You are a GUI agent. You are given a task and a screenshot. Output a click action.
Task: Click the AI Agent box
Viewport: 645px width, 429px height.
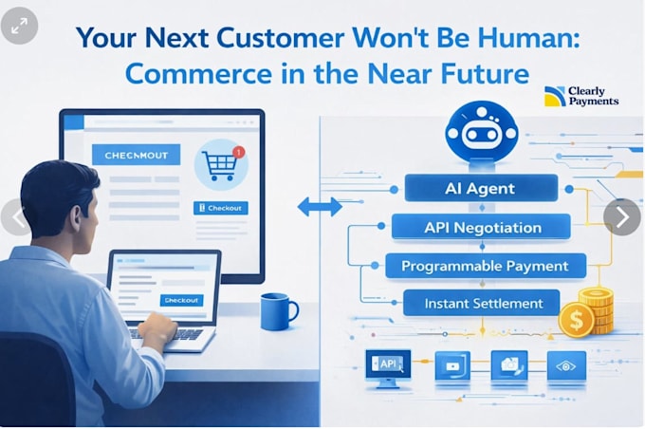[481, 188]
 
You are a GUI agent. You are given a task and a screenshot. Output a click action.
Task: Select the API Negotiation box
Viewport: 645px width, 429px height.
[481, 227]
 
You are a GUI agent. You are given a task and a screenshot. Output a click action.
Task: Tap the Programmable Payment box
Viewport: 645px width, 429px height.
[486, 266]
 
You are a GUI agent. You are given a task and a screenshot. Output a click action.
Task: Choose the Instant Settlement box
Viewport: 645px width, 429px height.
[481, 303]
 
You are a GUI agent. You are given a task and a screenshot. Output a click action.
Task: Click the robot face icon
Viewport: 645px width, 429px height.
[481, 133]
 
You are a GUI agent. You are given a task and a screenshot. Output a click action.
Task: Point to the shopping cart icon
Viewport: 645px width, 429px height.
[219, 165]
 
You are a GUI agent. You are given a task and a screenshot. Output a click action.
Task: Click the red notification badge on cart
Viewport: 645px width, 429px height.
[239, 152]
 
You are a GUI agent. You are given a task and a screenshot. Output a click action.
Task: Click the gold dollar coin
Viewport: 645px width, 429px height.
[577, 320]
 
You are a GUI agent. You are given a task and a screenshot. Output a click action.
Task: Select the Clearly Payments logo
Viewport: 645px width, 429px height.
[581, 97]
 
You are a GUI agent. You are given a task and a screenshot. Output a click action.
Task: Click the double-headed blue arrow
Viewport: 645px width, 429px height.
[320, 207]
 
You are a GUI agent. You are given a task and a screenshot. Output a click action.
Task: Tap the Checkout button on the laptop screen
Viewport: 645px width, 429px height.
[181, 300]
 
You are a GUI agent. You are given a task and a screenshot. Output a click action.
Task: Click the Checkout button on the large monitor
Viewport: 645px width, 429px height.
[220, 208]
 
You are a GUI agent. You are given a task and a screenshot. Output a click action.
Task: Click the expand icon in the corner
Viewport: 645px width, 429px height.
[19, 26]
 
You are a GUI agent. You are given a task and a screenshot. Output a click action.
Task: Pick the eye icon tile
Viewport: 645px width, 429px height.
[566, 365]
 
